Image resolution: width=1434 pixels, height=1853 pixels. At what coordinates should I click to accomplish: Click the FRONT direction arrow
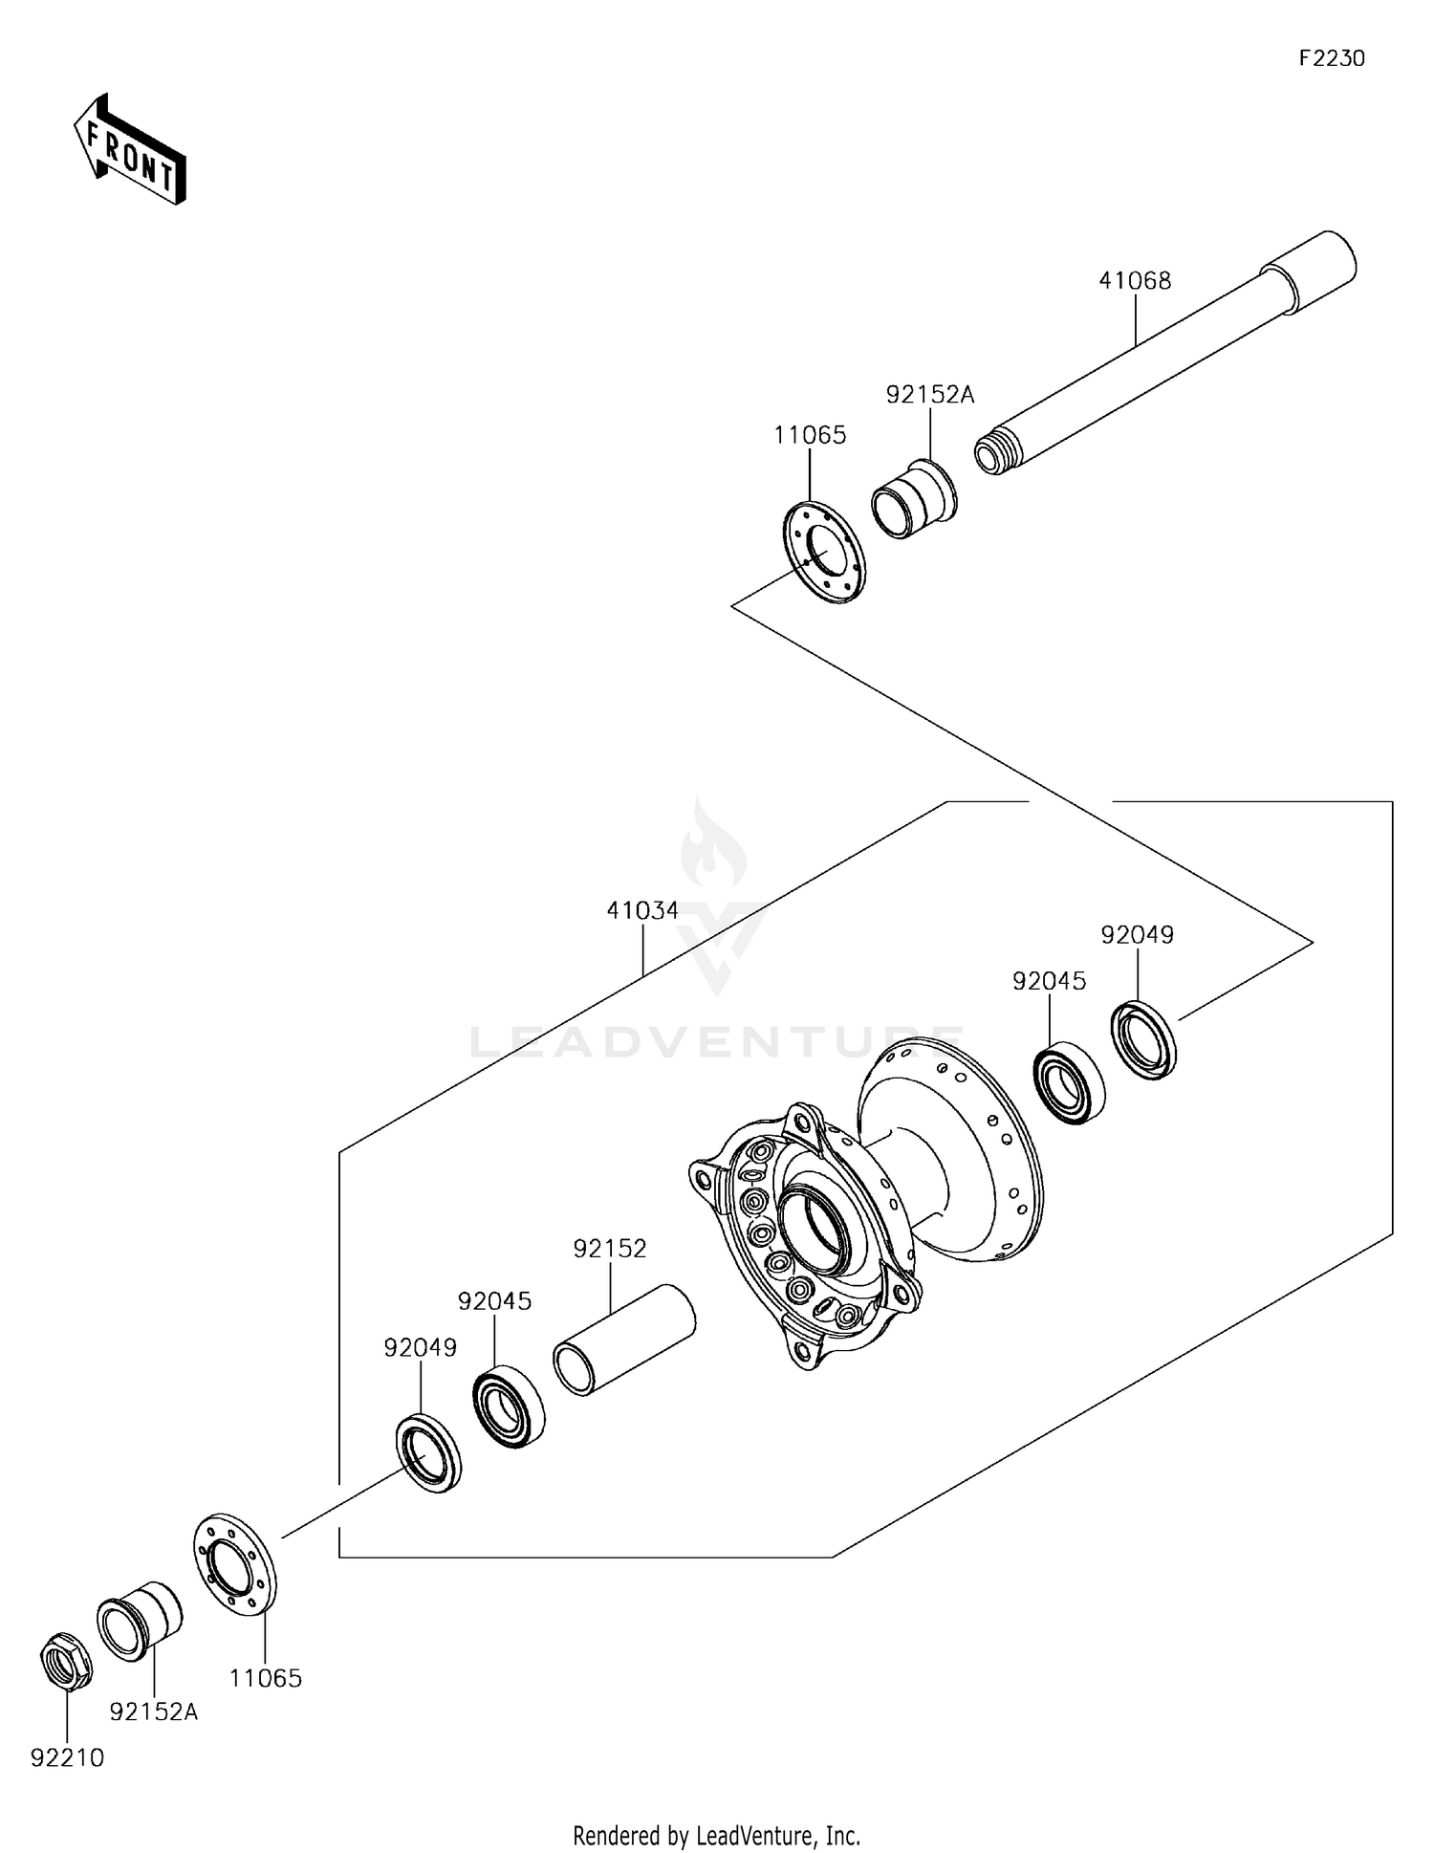[129, 151]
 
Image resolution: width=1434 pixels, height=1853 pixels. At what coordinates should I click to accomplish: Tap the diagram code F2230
[1332, 58]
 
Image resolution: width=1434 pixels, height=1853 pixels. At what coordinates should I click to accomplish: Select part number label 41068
[1135, 281]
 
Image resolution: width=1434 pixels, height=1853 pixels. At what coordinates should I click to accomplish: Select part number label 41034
[642, 911]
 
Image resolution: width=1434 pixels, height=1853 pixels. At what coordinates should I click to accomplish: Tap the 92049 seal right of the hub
[1143, 1039]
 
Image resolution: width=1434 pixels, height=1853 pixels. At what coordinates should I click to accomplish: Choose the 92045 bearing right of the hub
[1068, 1085]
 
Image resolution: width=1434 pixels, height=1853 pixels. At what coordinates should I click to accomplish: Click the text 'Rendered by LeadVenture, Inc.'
[716, 1835]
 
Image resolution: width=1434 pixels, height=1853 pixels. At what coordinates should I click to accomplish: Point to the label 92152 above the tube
[610, 1249]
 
